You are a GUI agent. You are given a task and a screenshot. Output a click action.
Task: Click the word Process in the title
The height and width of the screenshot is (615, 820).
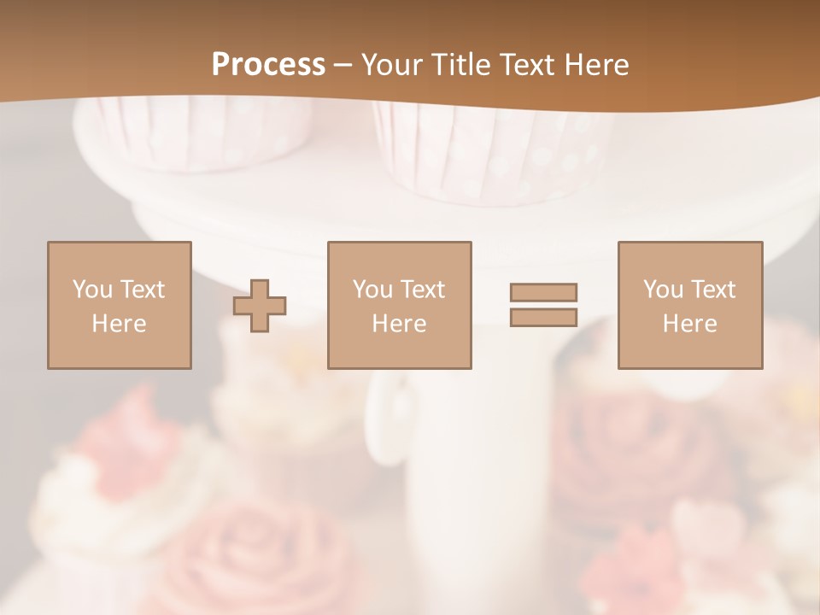click(x=268, y=65)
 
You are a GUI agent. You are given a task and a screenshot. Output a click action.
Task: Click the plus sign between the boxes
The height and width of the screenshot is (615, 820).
click(x=260, y=305)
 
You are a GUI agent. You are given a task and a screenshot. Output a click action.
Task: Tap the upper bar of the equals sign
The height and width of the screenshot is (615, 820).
click(x=543, y=292)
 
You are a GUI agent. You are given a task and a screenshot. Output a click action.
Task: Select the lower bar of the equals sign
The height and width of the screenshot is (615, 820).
click(x=543, y=317)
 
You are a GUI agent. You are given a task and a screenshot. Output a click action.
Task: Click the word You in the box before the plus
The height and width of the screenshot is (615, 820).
click(x=91, y=290)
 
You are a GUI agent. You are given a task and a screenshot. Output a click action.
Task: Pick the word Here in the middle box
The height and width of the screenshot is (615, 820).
click(x=399, y=324)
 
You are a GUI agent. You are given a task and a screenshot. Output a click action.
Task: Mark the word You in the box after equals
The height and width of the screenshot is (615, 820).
click(x=663, y=290)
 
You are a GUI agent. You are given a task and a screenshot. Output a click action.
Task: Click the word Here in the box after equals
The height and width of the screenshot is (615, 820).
click(x=689, y=324)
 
